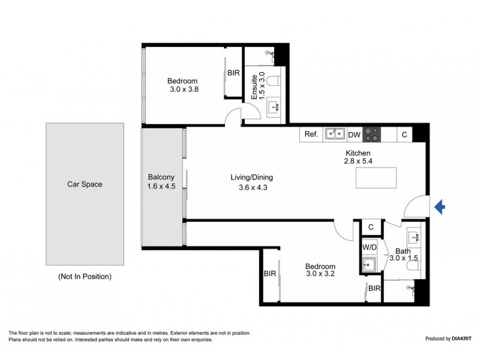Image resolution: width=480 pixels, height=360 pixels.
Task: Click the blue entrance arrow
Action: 440,207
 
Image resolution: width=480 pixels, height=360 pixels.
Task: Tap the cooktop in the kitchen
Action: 371,134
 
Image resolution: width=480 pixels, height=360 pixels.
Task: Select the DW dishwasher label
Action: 355,134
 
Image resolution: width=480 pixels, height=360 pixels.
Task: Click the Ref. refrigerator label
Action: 311,134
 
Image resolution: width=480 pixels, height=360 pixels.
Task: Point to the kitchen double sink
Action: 335,134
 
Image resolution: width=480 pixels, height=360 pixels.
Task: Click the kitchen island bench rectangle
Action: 376,178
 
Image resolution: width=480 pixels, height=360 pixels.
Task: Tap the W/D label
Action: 370,247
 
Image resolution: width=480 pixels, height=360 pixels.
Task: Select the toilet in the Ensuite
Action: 273,81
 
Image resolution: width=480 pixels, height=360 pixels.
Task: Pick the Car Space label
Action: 85,184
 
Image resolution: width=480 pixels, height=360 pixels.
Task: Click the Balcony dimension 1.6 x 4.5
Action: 161,186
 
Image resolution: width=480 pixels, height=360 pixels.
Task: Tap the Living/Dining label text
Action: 251,177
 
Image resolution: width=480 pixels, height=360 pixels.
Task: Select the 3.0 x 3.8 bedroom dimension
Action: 184,89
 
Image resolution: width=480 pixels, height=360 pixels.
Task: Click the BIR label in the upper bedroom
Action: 233,73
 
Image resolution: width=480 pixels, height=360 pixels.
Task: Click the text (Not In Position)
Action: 85,277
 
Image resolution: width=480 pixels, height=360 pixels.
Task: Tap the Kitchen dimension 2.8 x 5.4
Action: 358,161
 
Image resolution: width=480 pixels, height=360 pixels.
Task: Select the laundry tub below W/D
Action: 370,264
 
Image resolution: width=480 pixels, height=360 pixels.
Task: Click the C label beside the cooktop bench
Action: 404,134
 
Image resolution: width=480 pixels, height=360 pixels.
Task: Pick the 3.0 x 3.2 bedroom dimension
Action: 320,274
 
